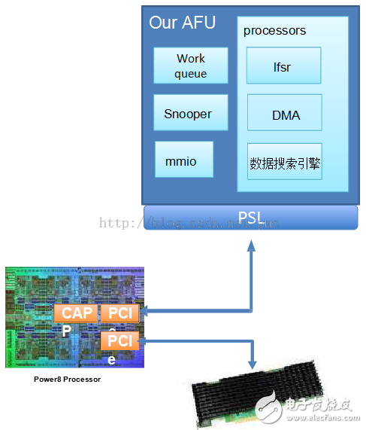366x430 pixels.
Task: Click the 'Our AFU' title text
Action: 182,23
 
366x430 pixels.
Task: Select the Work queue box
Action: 190,66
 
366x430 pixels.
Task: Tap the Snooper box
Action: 188,114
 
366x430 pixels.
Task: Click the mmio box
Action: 180,160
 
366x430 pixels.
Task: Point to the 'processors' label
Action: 274,31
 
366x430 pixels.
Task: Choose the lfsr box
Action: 284,66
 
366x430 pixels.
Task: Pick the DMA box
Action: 285,114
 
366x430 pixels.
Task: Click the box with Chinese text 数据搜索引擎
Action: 285,162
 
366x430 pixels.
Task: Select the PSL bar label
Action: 250,217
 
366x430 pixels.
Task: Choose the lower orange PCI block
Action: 119,341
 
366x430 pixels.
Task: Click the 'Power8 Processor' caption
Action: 67,380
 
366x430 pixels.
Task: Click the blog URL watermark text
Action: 188,223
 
